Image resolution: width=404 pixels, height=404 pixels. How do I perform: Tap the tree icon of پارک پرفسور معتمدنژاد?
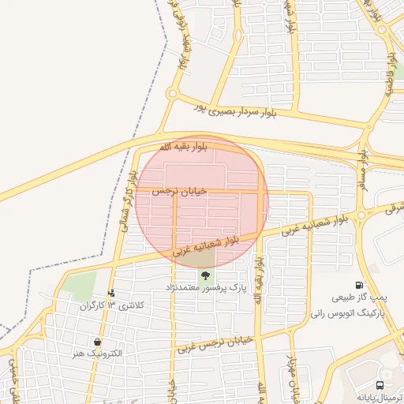click(206, 275)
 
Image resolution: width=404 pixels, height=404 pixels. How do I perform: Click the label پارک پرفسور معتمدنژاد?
click(206, 289)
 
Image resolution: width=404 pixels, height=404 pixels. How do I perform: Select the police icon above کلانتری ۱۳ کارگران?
click(110, 294)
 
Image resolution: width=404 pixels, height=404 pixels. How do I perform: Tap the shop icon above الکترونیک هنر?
click(96, 342)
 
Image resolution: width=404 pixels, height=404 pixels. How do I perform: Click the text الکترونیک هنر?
click(96, 353)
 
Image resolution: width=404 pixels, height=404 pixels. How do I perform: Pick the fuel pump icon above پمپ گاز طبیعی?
click(360, 286)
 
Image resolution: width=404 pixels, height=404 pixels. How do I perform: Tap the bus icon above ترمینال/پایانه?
click(380, 385)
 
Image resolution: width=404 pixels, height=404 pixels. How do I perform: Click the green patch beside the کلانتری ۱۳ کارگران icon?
click(79, 285)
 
